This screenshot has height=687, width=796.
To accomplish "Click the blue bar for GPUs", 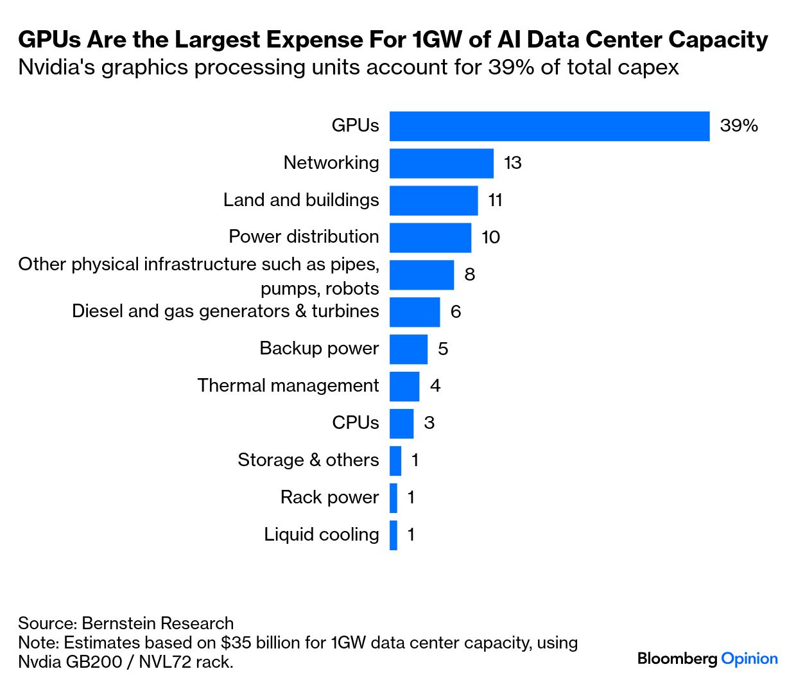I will (x=549, y=126).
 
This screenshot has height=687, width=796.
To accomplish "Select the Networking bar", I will (x=441, y=163).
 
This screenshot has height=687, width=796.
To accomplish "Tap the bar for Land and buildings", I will (x=433, y=200).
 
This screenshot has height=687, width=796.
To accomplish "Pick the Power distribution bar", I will (x=430, y=238).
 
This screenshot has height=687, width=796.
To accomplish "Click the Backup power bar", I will (x=408, y=349).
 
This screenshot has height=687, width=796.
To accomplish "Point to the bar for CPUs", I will (x=401, y=424).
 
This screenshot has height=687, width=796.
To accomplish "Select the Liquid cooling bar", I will (x=394, y=535).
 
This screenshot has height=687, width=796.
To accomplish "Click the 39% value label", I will (x=739, y=126).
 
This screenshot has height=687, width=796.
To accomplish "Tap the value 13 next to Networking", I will (x=512, y=163).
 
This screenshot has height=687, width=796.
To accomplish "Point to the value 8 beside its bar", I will (x=470, y=275).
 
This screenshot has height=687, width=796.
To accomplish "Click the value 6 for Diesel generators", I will (x=456, y=312).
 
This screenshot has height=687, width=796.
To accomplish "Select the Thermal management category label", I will (x=288, y=386).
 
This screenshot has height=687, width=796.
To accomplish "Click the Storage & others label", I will (x=308, y=460).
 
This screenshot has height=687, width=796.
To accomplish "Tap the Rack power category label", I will (x=329, y=498).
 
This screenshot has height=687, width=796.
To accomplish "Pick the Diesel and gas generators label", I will (x=225, y=311).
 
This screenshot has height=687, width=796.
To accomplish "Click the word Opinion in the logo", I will (x=749, y=659).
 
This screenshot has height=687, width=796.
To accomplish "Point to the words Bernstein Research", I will (x=158, y=623).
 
